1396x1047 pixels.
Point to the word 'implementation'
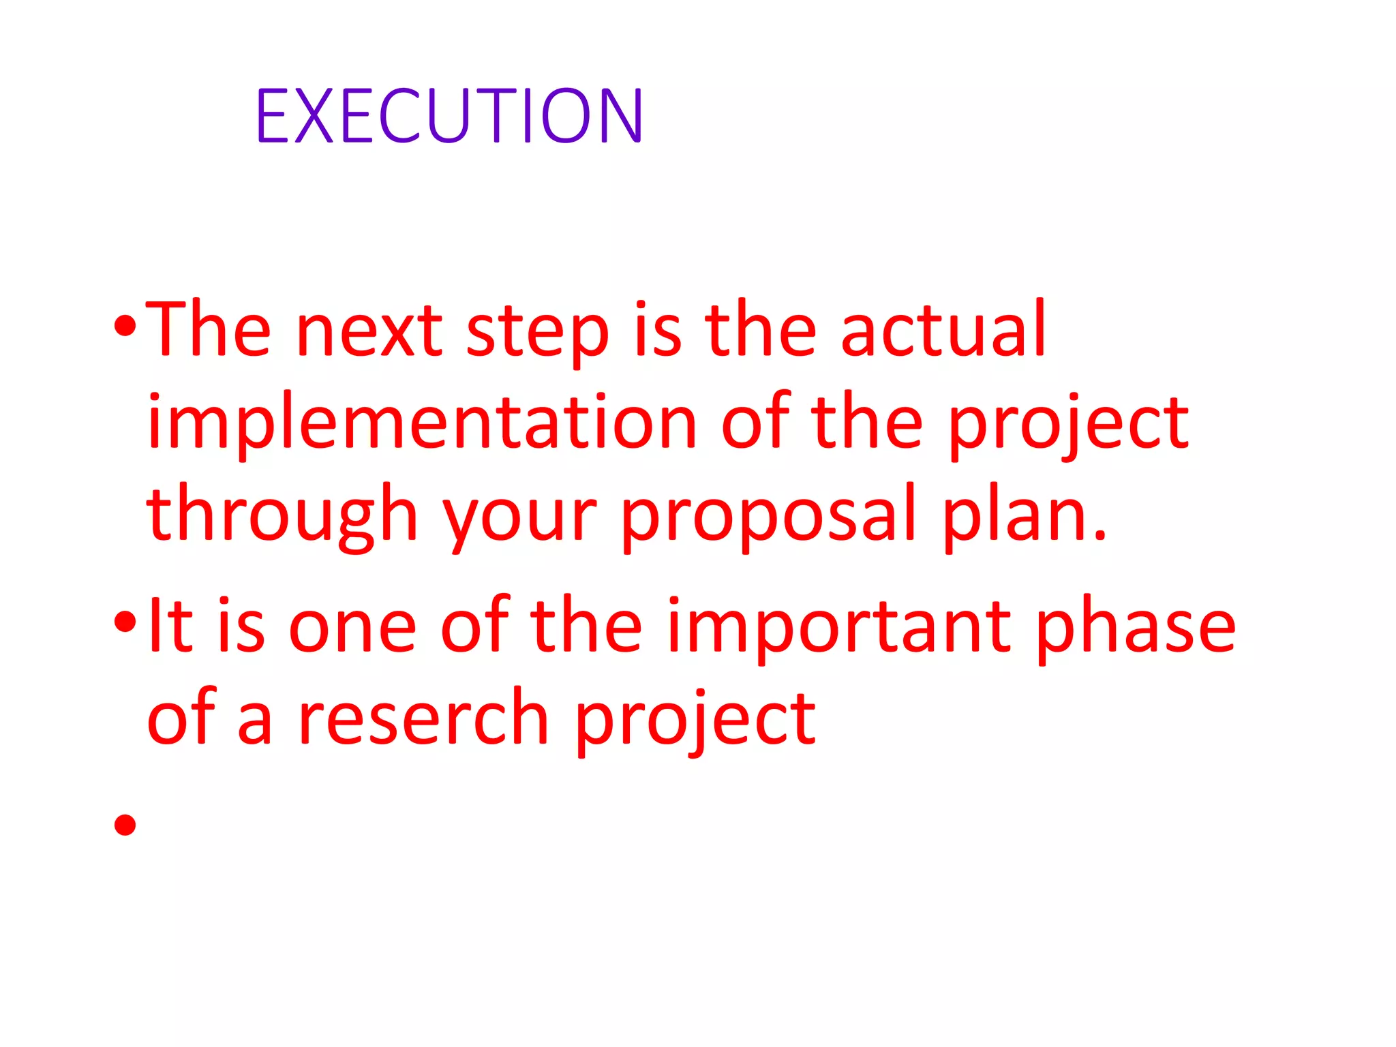coord(422,424)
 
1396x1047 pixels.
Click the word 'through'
coord(282,515)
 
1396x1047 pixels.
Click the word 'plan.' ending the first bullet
coord(1025,515)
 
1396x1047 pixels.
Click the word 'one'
coord(352,628)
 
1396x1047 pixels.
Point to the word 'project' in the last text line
coord(695,721)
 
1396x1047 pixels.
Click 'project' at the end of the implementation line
coord(1068,425)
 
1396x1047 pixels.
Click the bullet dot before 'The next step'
coord(125,328)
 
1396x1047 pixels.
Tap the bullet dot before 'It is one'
coord(125,621)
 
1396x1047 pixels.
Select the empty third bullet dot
coord(125,825)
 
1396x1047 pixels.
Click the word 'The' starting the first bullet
coord(209,329)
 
